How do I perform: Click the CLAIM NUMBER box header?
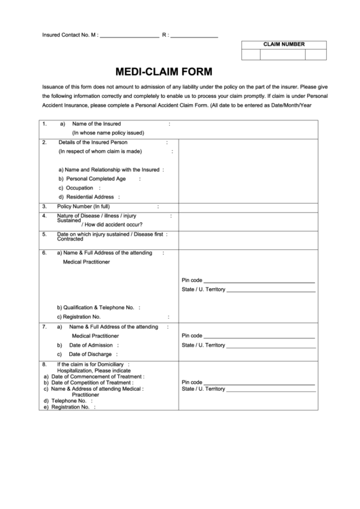[284, 45]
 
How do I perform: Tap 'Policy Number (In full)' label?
[84, 207]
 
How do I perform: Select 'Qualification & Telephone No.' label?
[95, 307]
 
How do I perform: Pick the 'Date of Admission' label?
[90, 345]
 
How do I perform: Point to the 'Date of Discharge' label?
[90, 354]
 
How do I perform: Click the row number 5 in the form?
[44, 234]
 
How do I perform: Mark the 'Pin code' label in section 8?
[192, 383]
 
